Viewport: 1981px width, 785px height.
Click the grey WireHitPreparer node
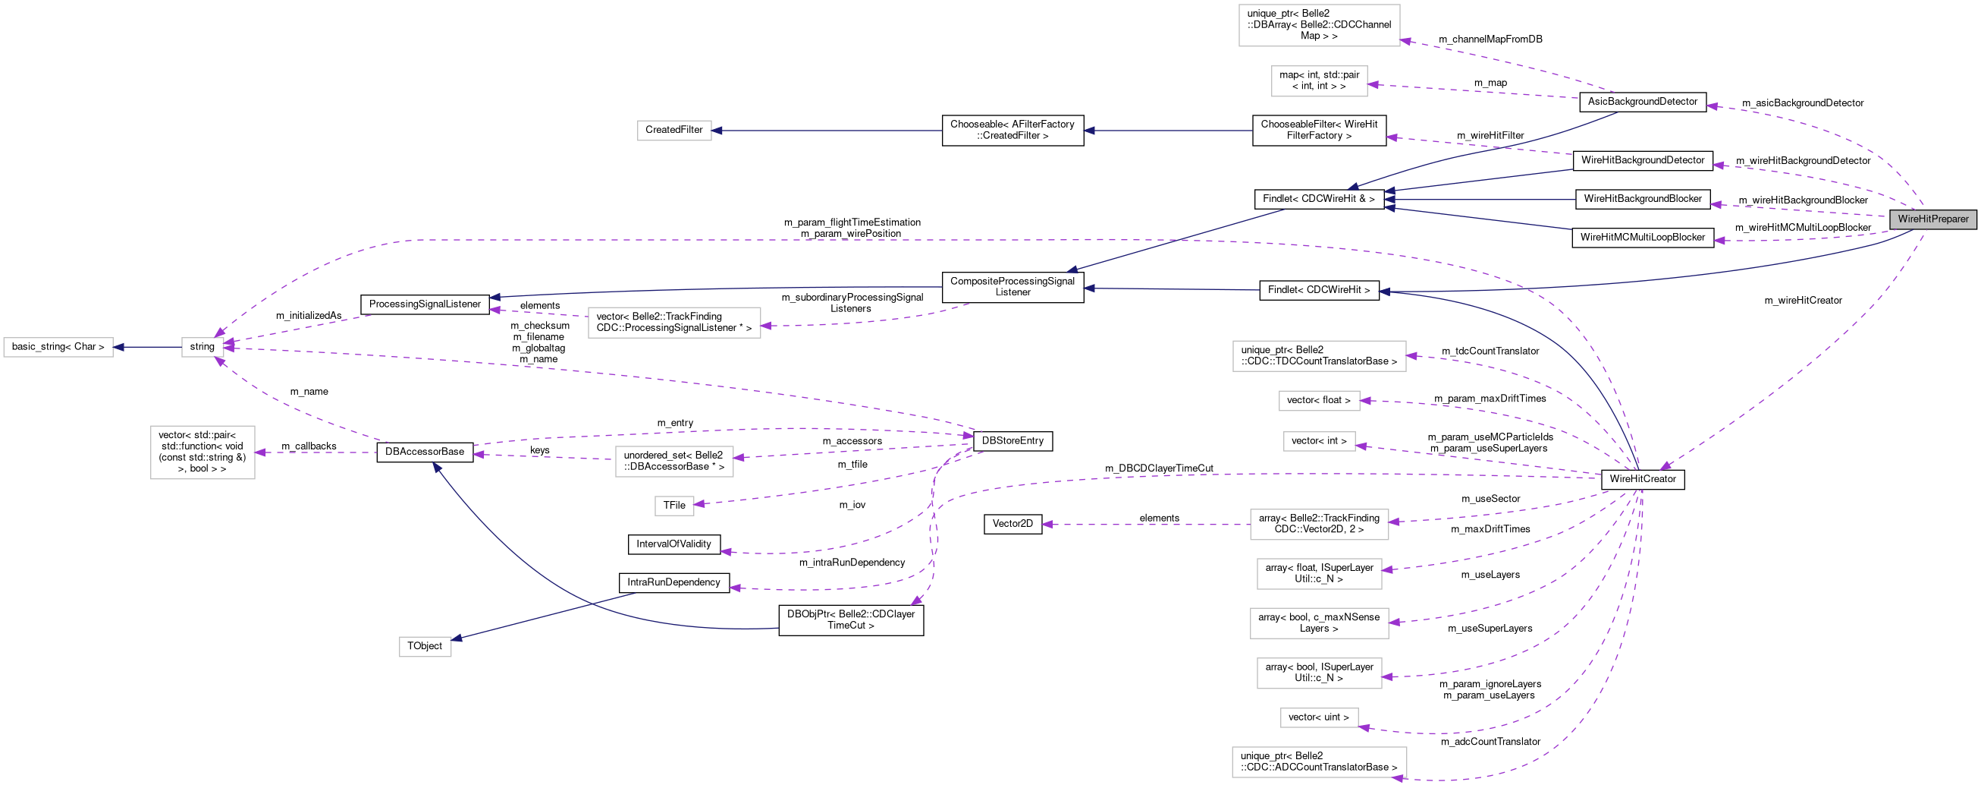[x=1932, y=219]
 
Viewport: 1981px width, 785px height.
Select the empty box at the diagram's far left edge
[x=58, y=347]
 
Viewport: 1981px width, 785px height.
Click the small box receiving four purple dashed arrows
[x=202, y=347]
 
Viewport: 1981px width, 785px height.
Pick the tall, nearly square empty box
[x=202, y=452]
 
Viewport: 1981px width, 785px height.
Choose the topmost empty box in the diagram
[x=1319, y=25]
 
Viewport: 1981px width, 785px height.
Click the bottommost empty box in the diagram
[x=1319, y=762]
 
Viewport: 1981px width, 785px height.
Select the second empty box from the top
[x=1319, y=81]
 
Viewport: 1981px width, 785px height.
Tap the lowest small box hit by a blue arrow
[x=425, y=647]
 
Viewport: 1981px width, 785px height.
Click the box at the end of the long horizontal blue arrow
[x=673, y=131]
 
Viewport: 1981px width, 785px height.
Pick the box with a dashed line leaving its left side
[x=1319, y=524]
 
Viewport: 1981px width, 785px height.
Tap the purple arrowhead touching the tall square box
[x=261, y=452]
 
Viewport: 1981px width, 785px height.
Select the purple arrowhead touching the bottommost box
[x=1399, y=778]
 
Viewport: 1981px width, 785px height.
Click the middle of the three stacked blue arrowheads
[x=1389, y=200]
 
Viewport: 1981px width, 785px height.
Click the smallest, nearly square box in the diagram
[x=673, y=506]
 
